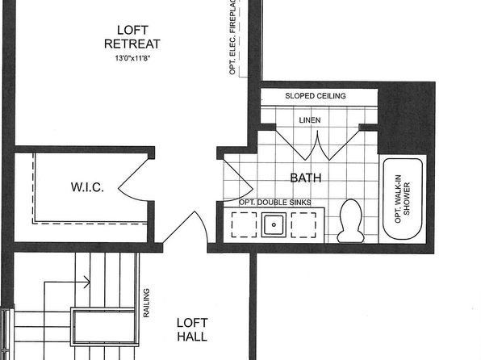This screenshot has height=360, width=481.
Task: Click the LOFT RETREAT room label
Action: pos(132,37)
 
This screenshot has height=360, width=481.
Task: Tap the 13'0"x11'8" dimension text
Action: pos(132,58)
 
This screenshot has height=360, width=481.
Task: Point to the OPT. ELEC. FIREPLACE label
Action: pos(232,37)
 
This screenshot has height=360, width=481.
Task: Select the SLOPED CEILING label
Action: pos(316,96)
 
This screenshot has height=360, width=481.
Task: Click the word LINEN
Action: pos(310,120)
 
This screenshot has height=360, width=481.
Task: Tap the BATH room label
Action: pos(306,178)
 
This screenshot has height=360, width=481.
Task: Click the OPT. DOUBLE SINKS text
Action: pos(275,203)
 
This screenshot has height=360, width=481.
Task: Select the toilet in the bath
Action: pos(350,221)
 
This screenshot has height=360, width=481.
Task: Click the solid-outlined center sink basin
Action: pos(274,225)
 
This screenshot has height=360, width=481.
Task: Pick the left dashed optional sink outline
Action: pos(244,225)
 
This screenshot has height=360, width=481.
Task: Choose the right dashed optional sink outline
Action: pos(303,225)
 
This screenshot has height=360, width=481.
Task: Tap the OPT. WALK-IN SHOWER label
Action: pos(402,199)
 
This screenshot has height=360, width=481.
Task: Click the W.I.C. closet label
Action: pos(87,187)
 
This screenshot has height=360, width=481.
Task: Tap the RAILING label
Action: pos(146,303)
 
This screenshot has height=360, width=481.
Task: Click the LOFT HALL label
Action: pos(192,330)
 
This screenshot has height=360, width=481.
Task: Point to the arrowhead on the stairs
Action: pos(87,282)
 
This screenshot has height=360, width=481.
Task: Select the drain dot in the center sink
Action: pos(274,225)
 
